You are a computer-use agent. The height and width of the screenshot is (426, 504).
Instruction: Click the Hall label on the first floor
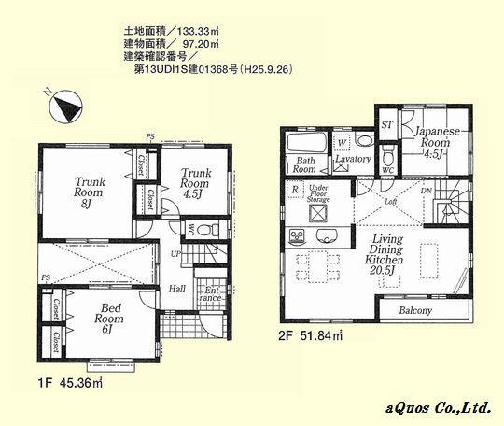click(x=177, y=289)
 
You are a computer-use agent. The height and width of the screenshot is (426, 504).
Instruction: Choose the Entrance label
click(x=214, y=294)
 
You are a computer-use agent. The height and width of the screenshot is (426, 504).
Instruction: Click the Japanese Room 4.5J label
click(x=436, y=143)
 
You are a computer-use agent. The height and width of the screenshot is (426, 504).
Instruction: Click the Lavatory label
click(x=352, y=160)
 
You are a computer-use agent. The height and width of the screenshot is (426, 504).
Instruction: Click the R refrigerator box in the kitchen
click(x=295, y=188)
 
